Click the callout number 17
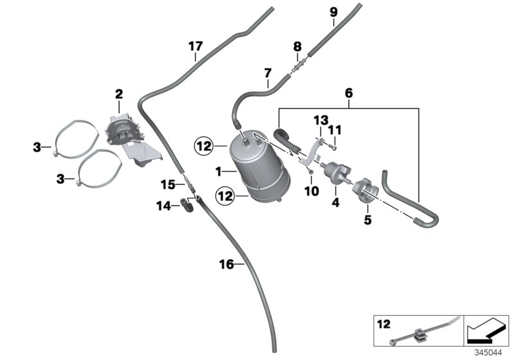[195, 46]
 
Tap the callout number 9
[333, 12]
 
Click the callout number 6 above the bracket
[348, 93]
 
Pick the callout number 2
[119, 94]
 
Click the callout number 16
[225, 264]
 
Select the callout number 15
[168, 184]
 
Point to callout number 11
[334, 130]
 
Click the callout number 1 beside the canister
[218, 171]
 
